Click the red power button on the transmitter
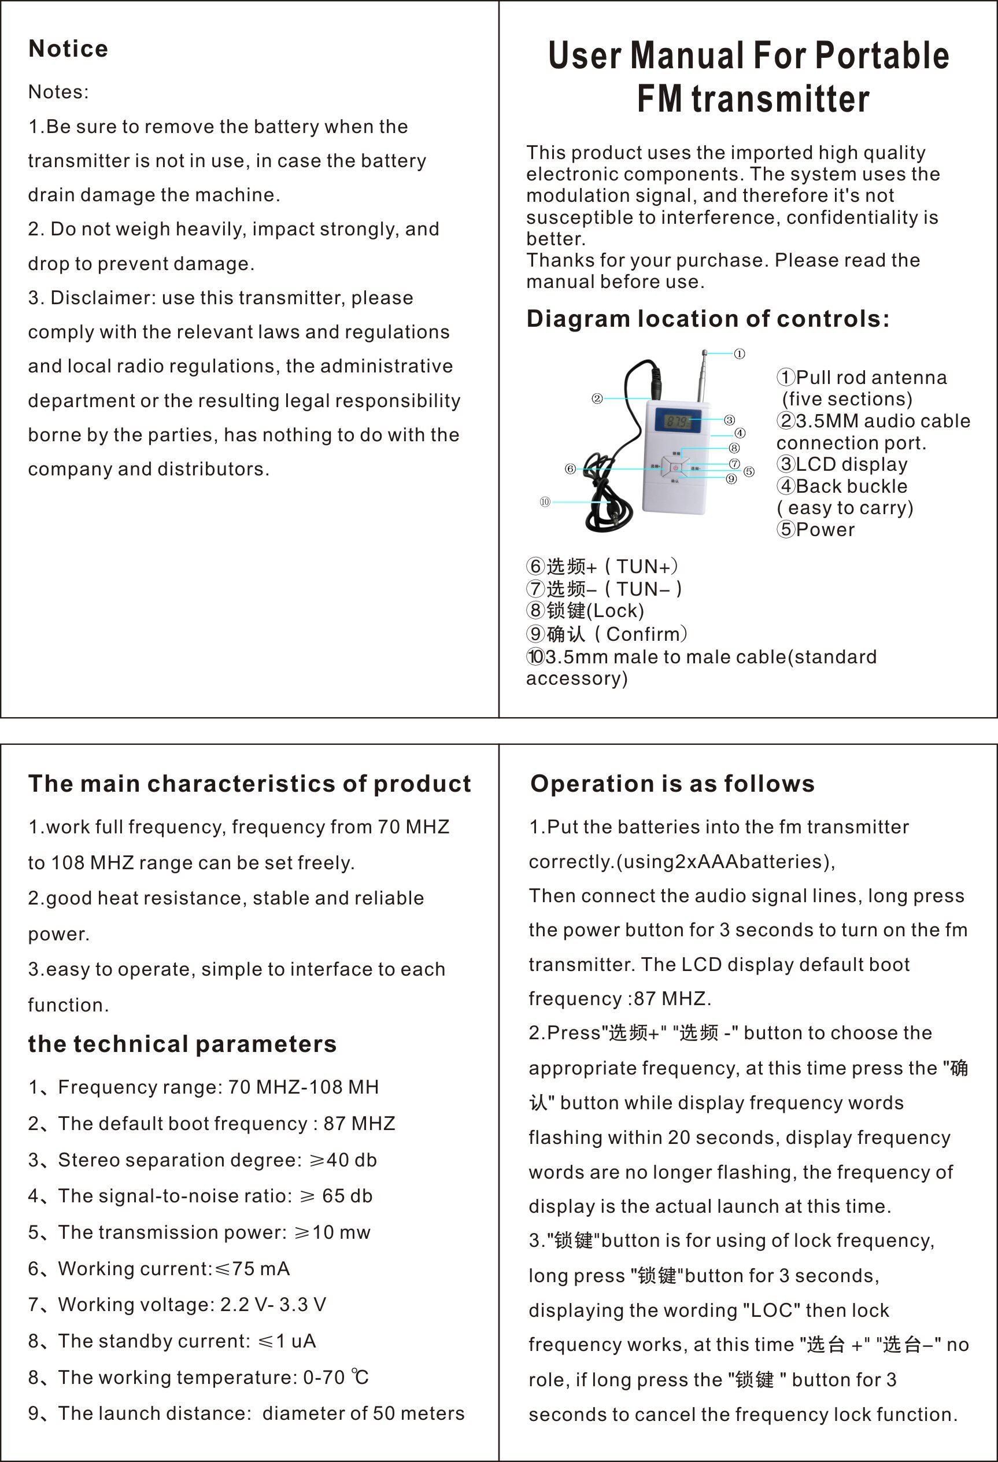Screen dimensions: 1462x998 pos(674,467)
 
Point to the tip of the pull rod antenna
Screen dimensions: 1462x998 pos(704,353)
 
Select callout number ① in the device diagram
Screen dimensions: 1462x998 pos(740,354)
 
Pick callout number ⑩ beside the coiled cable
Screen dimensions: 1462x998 pos(545,501)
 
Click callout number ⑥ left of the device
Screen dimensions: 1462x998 pos(570,468)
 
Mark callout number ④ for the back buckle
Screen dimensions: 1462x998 pos(740,433)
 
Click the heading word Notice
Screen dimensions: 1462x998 pos(68,49)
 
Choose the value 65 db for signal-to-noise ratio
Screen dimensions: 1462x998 pos(347,1196)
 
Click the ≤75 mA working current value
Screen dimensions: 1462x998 pos(252,1268)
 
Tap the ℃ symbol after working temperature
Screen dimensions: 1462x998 pos(360,1377)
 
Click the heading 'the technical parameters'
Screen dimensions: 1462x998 pos(182,1044)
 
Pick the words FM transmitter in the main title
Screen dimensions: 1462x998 pos(753,99)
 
